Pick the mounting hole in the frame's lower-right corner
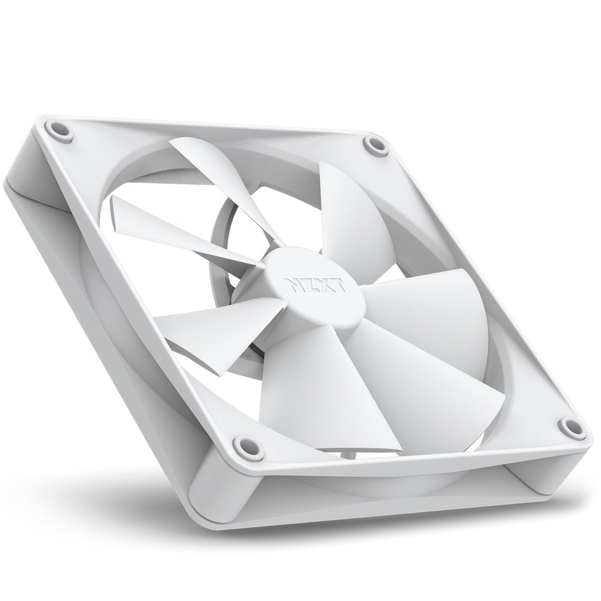(567, 426)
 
